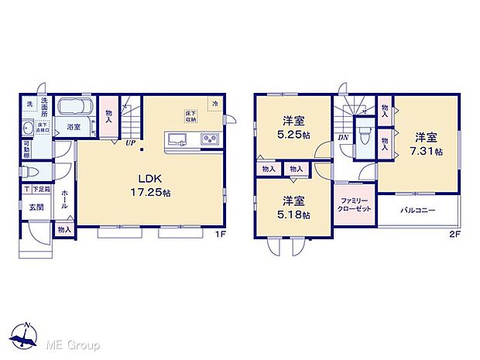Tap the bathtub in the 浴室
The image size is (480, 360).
click(75, 107)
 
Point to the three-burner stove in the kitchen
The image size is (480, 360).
click(209, 139)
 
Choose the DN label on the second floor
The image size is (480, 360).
click(342, 139)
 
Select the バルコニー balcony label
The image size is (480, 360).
click(418, 211)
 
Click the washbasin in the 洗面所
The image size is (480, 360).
click(29, 128)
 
